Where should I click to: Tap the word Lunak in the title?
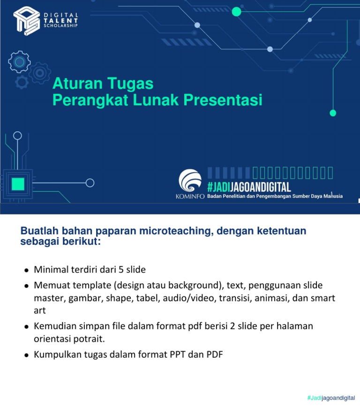click(x=148, y=100)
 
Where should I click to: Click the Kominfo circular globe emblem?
click(x=190, y=181)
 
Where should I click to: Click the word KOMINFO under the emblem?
click(x=190, y=196)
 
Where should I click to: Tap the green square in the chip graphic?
click(x=18, y=183)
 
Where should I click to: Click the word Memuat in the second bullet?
click(x=50, y=286)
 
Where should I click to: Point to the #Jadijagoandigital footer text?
click(x=331, y=398)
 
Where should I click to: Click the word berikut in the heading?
click(x=83, y=241)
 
